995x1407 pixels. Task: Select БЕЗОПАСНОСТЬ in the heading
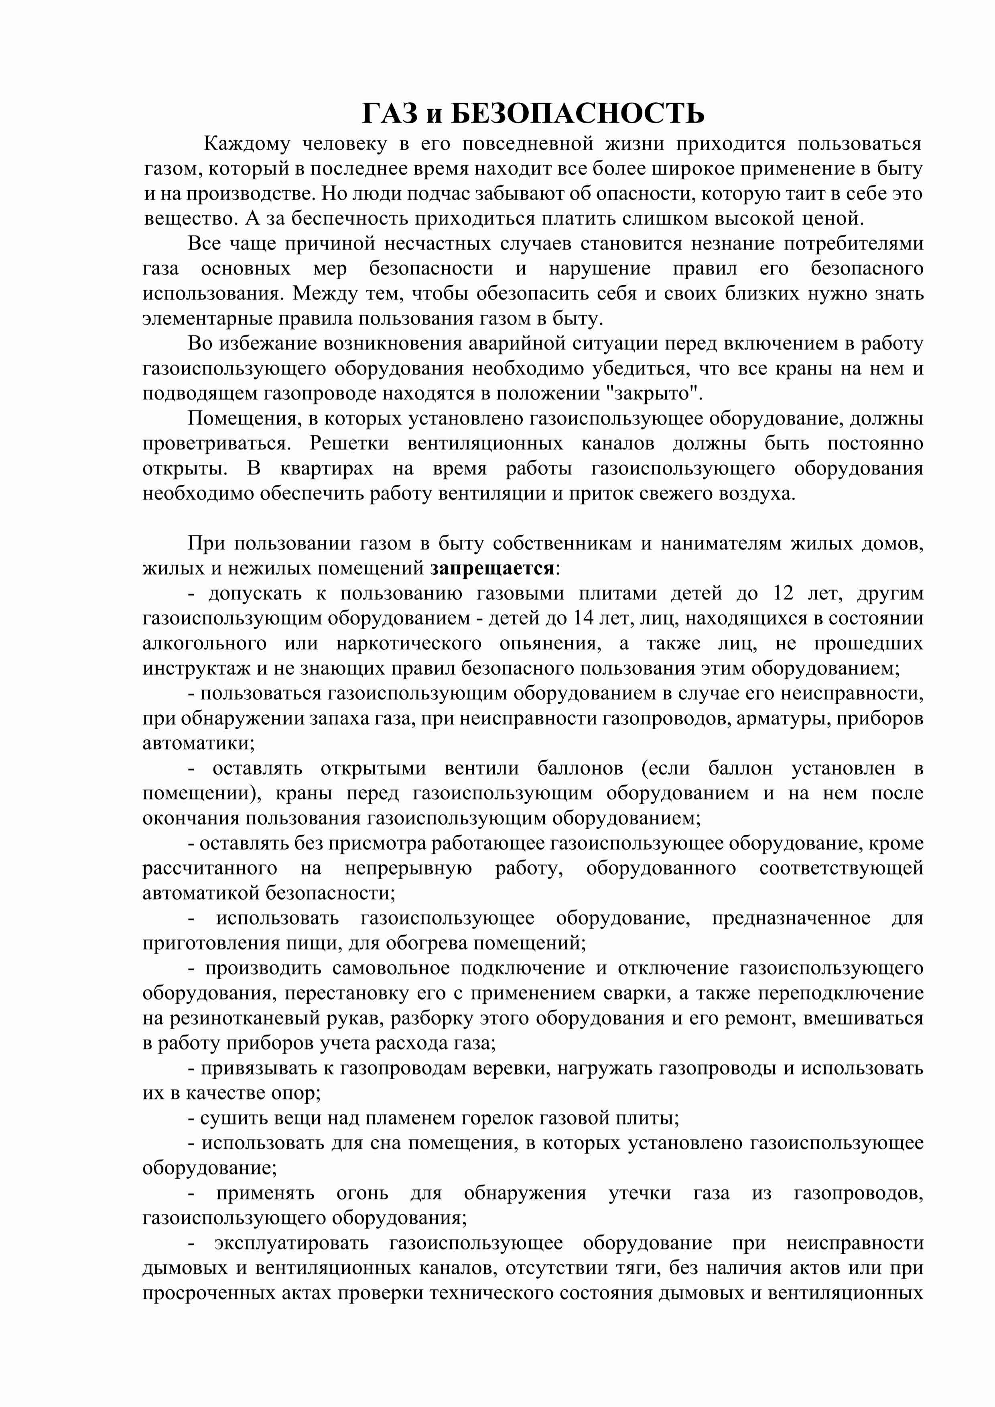tap(578, 113)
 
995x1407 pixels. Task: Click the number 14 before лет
tap(585, 618)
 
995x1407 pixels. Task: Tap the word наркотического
tap(409, 643)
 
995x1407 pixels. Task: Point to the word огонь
tap(362, 1193)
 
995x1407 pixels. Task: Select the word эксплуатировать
tap(292, 1243)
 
